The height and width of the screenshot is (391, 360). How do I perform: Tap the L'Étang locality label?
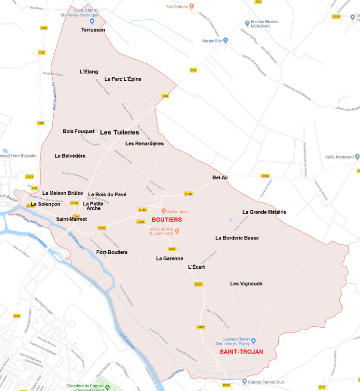89,72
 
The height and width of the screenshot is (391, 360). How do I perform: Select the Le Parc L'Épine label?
123,79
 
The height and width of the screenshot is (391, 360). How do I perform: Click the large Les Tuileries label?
119,132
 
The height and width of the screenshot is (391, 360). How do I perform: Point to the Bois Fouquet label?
79,131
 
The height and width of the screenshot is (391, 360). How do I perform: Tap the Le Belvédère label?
70,156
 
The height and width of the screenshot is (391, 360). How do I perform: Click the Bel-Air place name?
220,178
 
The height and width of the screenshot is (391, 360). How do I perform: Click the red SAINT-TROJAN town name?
242,352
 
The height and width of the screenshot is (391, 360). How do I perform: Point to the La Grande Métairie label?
264,212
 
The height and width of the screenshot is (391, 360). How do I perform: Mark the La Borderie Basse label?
237,238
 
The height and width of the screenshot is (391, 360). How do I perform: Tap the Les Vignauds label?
246,284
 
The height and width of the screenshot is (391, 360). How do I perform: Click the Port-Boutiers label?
112,252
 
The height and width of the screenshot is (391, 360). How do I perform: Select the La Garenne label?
169,259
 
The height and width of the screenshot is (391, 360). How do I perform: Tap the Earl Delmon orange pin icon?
192,6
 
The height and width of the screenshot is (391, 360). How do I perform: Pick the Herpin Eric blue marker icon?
225,41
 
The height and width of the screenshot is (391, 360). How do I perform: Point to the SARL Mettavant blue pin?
357,157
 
